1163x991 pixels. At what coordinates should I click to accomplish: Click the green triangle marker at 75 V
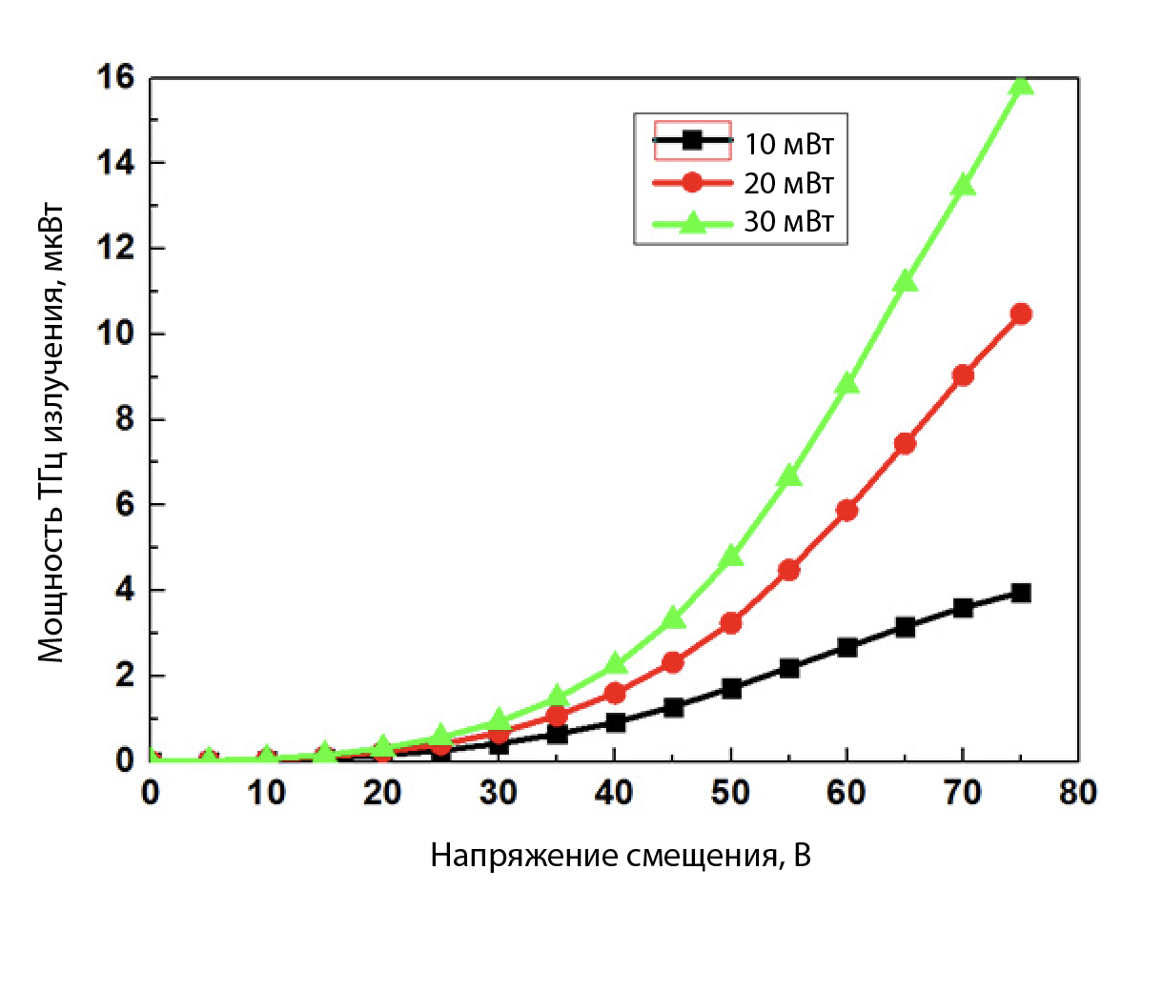1021,86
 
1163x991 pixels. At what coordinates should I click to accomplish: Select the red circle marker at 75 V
1021,313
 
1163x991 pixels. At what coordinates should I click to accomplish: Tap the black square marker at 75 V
1021,593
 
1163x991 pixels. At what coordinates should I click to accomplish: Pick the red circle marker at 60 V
847,511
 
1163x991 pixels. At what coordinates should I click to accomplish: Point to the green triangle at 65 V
905,281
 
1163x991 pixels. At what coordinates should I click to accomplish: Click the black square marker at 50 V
731,688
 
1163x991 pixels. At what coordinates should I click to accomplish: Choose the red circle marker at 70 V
963,375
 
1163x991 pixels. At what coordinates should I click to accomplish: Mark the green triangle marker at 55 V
789,475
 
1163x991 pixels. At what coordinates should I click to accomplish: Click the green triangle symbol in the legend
692,223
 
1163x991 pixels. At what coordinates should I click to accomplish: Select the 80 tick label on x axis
1078,794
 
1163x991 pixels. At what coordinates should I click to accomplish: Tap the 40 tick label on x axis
614,794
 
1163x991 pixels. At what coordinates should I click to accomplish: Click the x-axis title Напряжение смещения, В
621,856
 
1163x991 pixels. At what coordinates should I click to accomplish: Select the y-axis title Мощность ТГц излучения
52,434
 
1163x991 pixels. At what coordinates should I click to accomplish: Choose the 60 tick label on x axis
847,794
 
